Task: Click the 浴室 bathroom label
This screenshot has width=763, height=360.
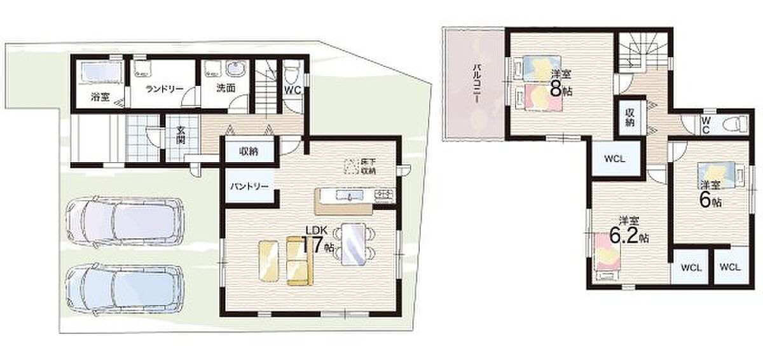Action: (100, 97)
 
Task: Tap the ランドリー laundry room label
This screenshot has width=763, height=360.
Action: (164, 89)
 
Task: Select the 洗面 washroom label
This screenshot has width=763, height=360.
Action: (226, 88)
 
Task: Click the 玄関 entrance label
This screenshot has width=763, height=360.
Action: (181, 135)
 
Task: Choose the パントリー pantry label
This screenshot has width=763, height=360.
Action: (249, 186)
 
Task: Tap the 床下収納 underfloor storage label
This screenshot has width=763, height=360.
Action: (368, 167)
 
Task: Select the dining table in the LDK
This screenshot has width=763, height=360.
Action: (354, 243)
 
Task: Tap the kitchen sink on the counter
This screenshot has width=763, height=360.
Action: (350, 195)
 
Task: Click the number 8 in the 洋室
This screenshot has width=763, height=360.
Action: (556, 88)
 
